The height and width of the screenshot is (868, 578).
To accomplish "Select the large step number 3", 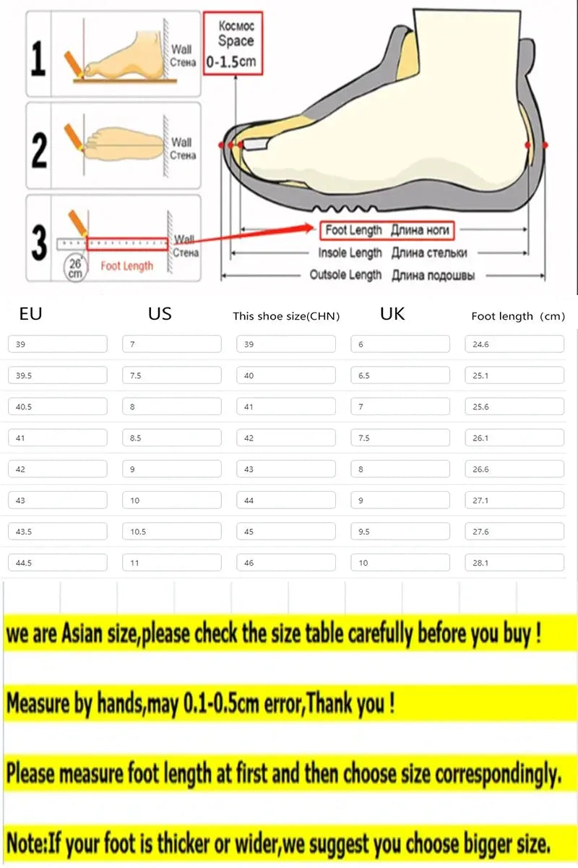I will coord(39,243).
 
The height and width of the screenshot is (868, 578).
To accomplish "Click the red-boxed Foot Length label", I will coord(387,231).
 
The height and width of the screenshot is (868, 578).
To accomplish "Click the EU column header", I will coord(31,314).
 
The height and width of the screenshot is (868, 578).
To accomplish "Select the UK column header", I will coord(392,314).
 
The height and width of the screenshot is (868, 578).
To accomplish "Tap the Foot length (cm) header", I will coord(517,316).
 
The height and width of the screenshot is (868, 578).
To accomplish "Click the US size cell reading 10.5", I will coord(172,532).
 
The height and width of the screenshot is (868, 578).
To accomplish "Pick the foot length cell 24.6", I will coord(514,344).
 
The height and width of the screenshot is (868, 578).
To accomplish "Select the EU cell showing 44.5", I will coord(58,563).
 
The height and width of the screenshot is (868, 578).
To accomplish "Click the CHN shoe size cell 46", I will coord(286,563).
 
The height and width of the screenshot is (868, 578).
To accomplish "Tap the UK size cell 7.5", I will coord(400,438).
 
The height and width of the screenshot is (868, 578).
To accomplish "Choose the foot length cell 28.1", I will coord(514,563).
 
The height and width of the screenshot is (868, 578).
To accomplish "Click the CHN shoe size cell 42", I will coord(286,438).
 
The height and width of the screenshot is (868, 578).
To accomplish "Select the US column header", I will coord(160,314).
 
